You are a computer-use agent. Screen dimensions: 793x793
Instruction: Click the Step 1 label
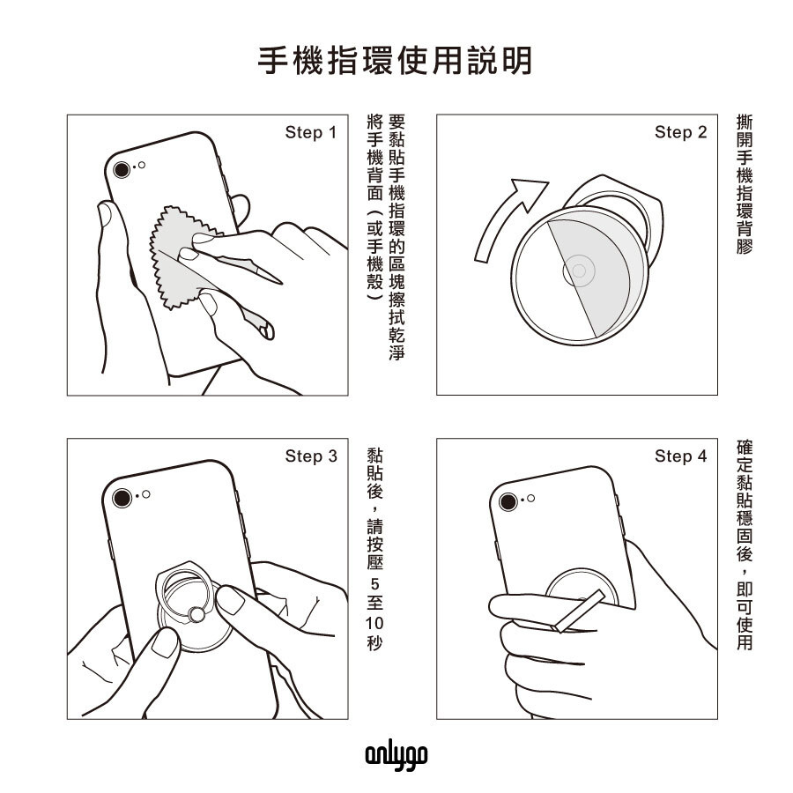[x=310, y=132]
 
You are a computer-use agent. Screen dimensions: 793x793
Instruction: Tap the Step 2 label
[x=680, y=132]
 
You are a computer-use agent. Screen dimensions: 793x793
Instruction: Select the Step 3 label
[x=311, y=456]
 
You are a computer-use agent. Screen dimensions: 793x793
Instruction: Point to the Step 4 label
[x=680, y=456]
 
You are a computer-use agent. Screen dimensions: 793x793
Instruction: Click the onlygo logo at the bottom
[x=396, y=756]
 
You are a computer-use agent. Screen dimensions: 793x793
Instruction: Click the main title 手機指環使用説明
[x=395, y=61]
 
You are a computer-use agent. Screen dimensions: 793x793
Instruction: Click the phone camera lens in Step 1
[x=122, y=169]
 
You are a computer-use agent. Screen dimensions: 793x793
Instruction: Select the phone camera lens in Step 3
[x=122, y=498]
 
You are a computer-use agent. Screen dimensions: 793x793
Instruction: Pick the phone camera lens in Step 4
[x=508, y=502]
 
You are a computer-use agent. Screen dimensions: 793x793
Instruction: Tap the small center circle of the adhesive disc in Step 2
[x=579, y=271]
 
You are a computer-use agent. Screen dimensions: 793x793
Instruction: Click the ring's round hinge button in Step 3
[x=196, y=615]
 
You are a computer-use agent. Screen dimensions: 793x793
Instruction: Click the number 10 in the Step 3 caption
[x=374, y=623]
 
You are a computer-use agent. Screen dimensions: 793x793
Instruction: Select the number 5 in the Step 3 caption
[x=374, y=585]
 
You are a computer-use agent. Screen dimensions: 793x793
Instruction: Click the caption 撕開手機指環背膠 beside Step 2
[x=745, y=184]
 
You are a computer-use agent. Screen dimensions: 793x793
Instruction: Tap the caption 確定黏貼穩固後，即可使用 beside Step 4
[x=745, y=545]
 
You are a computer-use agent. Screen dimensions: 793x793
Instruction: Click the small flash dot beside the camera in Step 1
[x=142, y=166]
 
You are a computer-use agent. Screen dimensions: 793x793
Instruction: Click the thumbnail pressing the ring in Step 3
[x=231, y=600]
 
